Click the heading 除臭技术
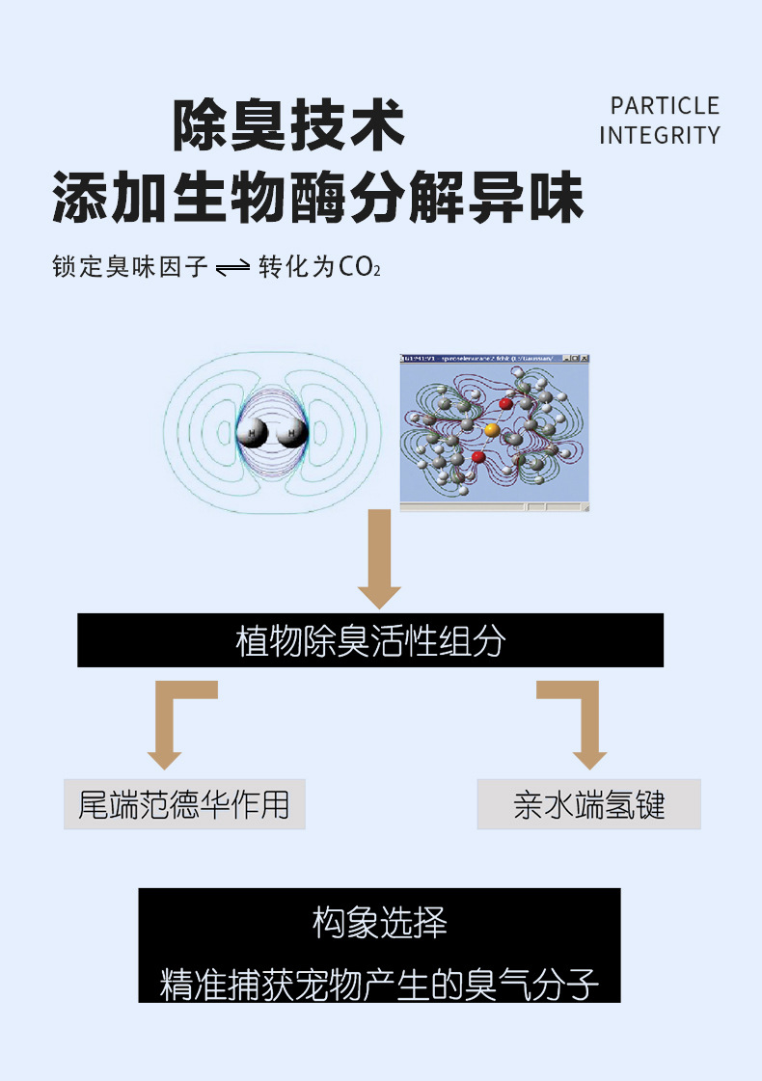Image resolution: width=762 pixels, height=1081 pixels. click(288, 126)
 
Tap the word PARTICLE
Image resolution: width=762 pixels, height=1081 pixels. click(665, 106)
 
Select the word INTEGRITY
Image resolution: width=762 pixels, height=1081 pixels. click(660, 136)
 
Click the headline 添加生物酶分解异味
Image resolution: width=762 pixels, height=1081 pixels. click(318, 198)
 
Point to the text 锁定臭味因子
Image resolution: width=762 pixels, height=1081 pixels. click(130, 267)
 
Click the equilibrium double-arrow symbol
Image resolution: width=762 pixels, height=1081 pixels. click(233, 268)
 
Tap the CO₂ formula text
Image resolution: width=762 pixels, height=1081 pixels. click(360, 267)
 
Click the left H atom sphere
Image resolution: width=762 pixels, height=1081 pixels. click(253, 434)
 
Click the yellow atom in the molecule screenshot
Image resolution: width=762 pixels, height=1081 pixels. click(491, 430)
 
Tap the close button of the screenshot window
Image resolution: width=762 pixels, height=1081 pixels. click(583, 359)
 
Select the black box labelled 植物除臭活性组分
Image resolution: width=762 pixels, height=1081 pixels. click(370, 640)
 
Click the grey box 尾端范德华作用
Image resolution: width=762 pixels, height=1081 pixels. click(184, 804)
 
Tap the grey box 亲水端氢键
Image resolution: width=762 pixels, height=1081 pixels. click(588, 804)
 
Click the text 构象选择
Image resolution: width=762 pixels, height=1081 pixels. click(379, 924)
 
